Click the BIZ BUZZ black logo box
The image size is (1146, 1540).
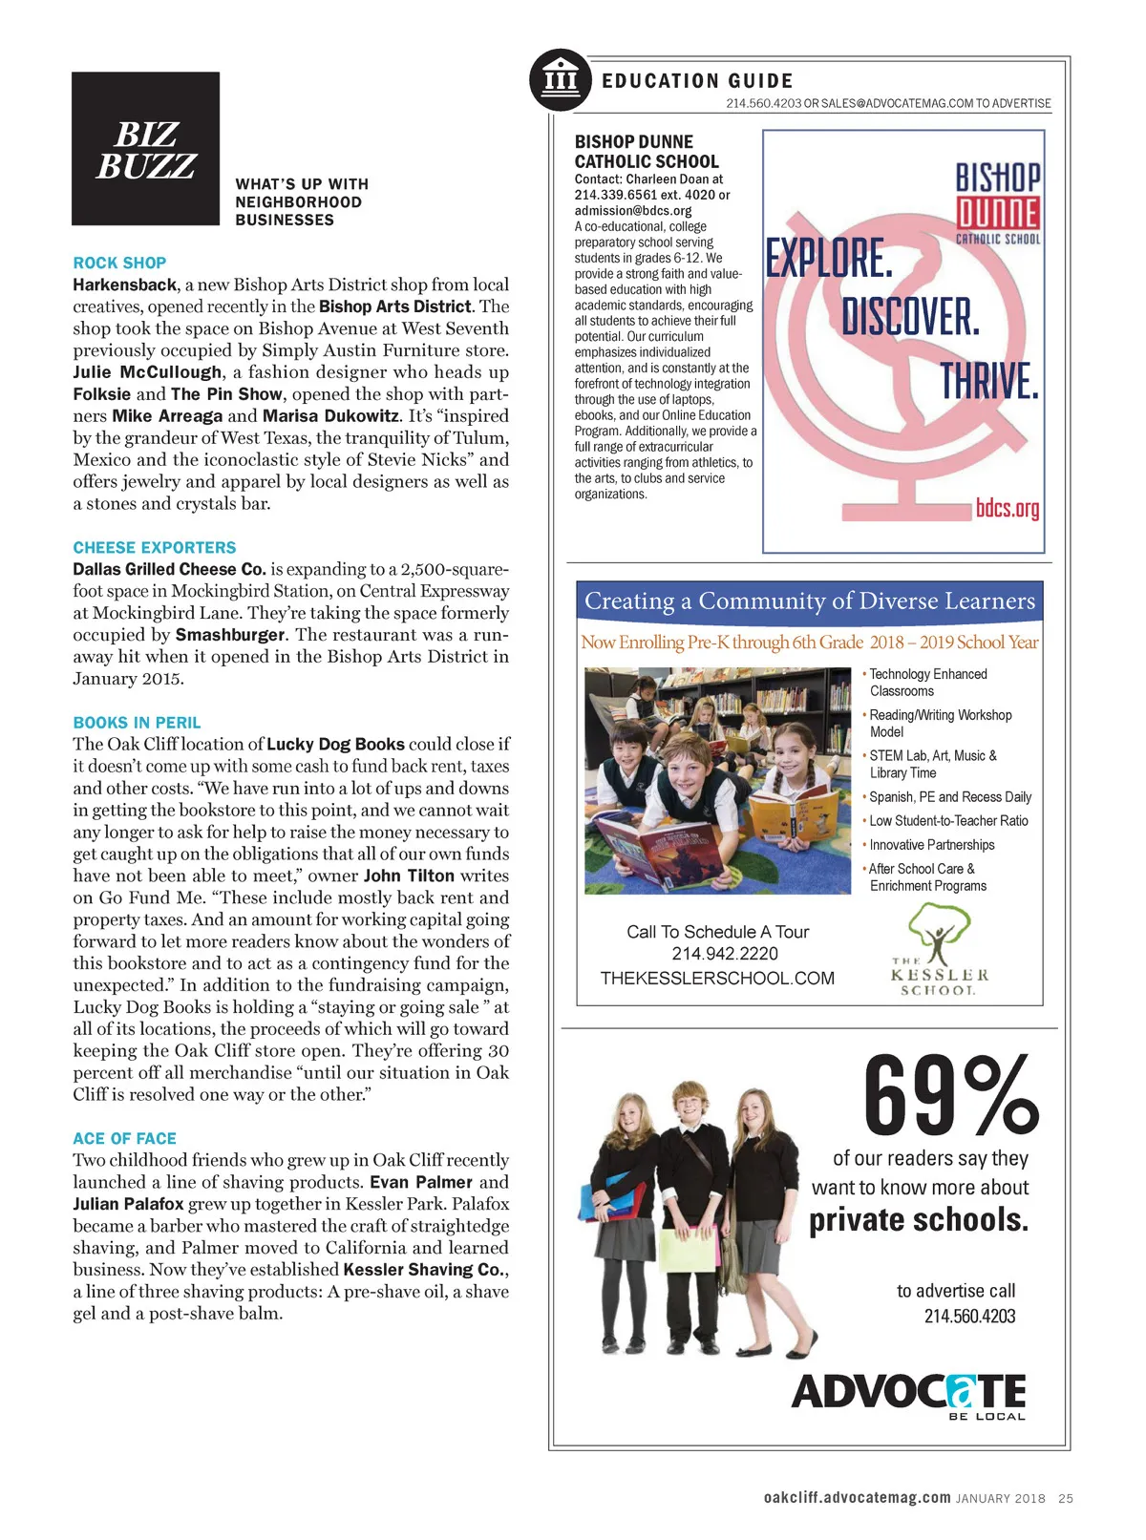coord(145,148)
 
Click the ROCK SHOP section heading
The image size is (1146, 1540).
coord(119,263)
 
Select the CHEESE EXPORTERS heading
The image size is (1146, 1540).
coord(154,547)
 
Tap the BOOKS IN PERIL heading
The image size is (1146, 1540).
coord(137,723)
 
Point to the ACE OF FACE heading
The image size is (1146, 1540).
coord(124,1138)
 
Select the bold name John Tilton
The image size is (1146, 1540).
coord(409,875)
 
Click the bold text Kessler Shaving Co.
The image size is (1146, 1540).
coord(425,1270)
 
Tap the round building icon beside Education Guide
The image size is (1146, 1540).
coord(561,79)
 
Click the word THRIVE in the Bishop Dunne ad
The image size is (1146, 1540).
coord(988,381)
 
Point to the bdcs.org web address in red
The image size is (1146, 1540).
coord(1007,508)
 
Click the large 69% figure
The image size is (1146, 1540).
coord(949,1094)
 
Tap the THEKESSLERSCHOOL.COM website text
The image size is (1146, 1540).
coord(717,979)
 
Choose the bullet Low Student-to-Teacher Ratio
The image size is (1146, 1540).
coord(948,821)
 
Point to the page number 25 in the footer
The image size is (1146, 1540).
coord(1066,1499)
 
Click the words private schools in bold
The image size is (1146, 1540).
coord(919,1220)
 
